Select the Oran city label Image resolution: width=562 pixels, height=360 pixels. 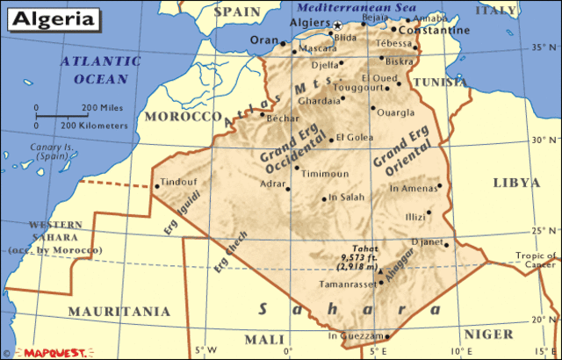pyautogui.click(x=263, y=40)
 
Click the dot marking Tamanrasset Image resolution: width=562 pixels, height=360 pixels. pyautogui.click(x=381, y=283)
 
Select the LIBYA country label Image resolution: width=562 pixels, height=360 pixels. pyautogui.click(x=516, y=183)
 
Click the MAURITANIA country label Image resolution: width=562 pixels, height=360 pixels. pyautogui.click(x=119, y=311)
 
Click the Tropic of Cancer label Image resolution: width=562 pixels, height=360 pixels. pyautogui.click(x=536, y=261)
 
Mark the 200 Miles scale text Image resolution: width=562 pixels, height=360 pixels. pyautogui.click(x=100, y=108)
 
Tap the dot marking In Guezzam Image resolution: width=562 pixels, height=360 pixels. pyautogui.click(x=387, y=336)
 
